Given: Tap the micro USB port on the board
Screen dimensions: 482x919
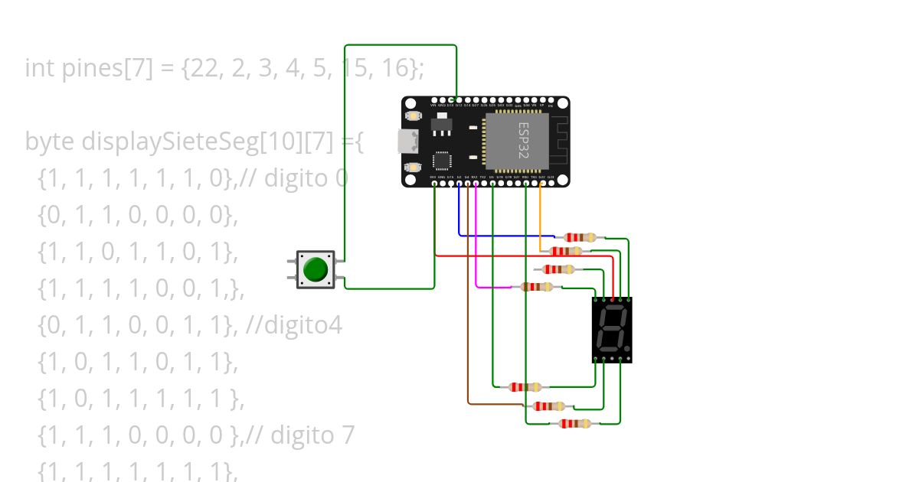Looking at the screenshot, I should (x=407, y=142).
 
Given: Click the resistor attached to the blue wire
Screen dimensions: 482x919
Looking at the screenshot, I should (x=579, y=238).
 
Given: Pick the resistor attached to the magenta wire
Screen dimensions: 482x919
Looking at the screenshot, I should (x=537, y=287).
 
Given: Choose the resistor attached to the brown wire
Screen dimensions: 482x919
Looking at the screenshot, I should (x=548, y=406).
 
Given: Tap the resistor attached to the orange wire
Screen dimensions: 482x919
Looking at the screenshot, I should (x=566, y=251).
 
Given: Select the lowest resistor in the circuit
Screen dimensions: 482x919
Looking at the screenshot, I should (x=574, y=423).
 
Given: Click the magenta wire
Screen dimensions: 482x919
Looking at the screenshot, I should (x=476, y=252).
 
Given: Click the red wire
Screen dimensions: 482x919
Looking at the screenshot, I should (x=521, y=256).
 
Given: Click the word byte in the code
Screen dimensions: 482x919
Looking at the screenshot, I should (x=51, y=142).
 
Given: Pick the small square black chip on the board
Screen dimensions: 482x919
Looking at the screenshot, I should (x=443, y=159).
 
